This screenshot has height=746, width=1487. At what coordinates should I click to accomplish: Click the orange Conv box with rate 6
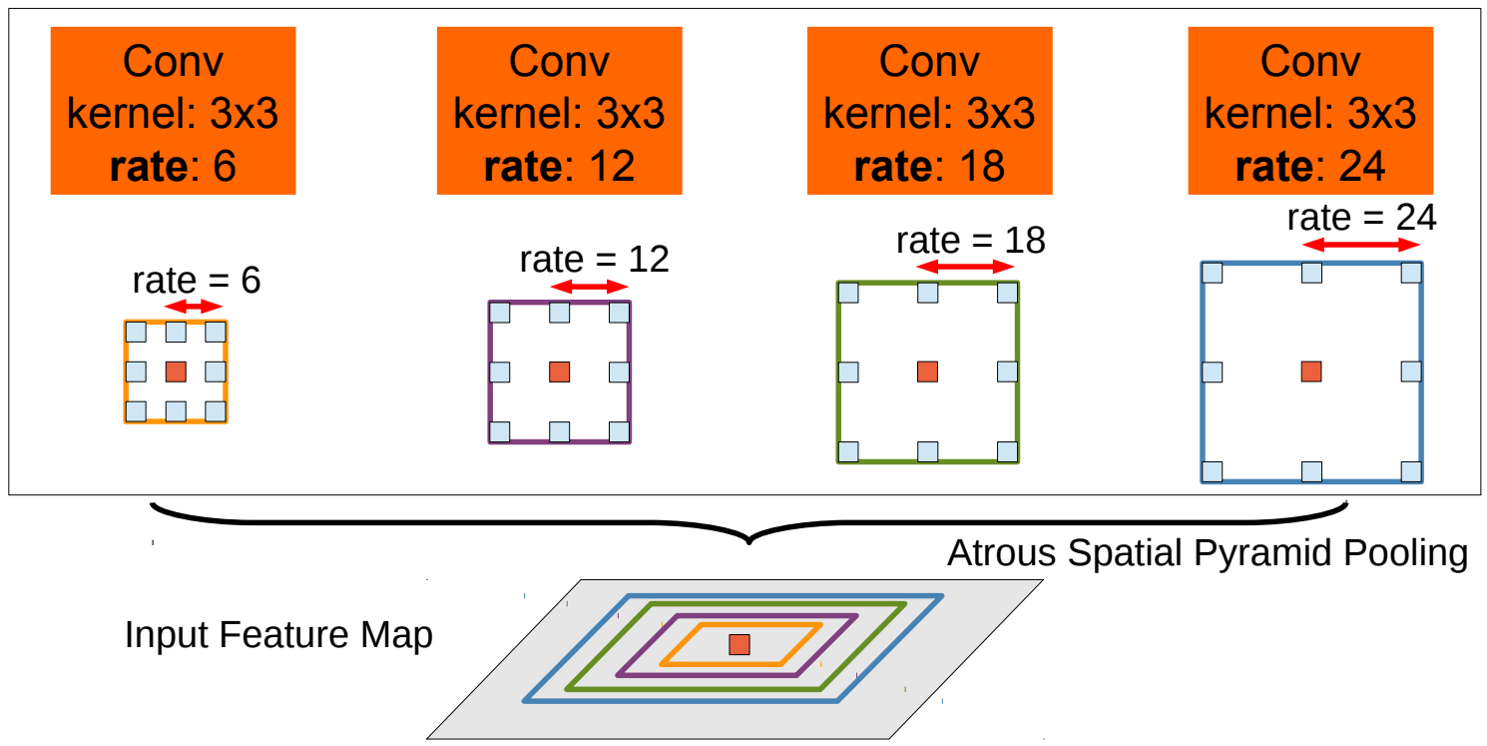click(173, 110)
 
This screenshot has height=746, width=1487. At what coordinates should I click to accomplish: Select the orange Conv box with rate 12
click(559, 110)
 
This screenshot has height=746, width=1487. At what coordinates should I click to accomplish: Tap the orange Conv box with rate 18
click(929, 110)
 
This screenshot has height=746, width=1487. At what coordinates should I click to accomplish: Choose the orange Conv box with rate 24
click(1310, 110)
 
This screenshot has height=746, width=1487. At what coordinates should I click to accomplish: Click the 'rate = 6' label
click(197, 282)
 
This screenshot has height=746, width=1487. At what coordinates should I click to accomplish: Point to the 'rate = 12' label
click(594, 260)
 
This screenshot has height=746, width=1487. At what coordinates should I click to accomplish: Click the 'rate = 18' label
click(970, 241)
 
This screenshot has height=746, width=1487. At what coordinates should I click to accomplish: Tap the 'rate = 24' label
click(1361, 218)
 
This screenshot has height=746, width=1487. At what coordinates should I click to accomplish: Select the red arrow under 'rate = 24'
click(1361, 244)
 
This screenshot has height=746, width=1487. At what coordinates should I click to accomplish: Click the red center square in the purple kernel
click(559, 373)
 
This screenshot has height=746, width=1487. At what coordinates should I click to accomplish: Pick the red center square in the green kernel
click(927, 373)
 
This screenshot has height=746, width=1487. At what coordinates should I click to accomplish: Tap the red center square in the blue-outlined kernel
click(1311, 373)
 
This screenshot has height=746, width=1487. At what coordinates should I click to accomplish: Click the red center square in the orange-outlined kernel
click(176, 373)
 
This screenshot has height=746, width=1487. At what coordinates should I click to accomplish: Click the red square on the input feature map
click(739, 644)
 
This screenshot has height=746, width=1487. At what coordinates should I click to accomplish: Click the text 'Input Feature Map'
click(278, 635)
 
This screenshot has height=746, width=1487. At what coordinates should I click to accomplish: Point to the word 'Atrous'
click(1002, 553)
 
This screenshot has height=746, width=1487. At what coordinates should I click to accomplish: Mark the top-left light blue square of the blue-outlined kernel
click(1213, 273)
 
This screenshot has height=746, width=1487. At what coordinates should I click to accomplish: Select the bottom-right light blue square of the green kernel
click(1008, 451)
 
